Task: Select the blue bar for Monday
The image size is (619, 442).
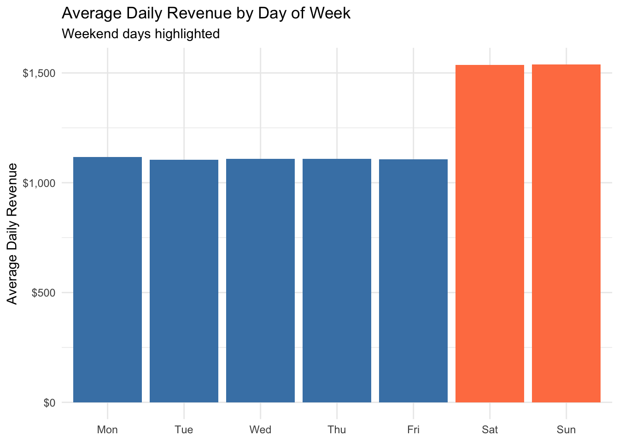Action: click(x=107, y=279)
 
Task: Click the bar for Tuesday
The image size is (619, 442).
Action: click(x=184, y=281)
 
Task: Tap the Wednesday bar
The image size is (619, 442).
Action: click(x=260, y=280)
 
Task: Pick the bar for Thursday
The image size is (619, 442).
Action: click(x=337, y=280)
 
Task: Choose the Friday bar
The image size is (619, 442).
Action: click(x=413, y=281)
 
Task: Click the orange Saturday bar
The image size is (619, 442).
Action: click(x=490, y=233)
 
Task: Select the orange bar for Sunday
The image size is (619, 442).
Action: click(x=566, y=233)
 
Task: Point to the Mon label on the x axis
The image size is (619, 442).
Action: click(x=107, y=430)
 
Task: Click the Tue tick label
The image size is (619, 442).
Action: click(x=184, y=430)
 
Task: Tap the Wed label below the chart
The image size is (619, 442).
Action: click(x=260, y=430)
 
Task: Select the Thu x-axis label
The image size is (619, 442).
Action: click(x=337, y=430)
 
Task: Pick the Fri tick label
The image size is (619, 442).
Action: click(x=413, y=430)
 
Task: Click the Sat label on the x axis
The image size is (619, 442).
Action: click(x=490, y=430)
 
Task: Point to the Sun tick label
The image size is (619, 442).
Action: click(x=566, y=430)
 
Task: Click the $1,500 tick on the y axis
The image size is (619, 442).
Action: click(x=39, y=73)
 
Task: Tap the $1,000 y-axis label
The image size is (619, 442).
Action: click(x=39, y=183)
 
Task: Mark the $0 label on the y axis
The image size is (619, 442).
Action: click(x=49, y=403)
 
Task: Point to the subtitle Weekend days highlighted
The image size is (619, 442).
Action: click(x=140, y=34)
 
